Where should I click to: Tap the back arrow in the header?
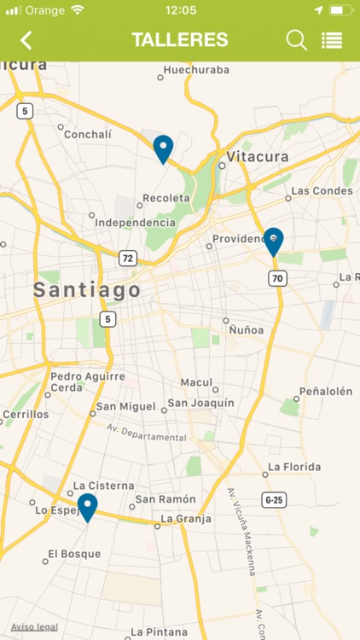(26, 40)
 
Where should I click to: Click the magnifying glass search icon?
(296, 40)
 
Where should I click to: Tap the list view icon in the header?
(332, 40)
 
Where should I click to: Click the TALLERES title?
(180, 40)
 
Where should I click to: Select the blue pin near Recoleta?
(163, 148)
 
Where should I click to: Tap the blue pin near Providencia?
(273, 241)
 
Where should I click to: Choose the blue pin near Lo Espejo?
(87, 507)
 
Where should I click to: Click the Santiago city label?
(87, 290)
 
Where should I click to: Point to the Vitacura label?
(258, 157)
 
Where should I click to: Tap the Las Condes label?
(322, 190)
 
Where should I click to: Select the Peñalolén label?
(325, 391)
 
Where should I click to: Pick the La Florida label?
(295, 467)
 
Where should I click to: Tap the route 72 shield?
(127, 258)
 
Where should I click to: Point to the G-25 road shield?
(274, 499)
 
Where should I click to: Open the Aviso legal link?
(34, 626)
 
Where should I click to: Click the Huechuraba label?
(196, 70)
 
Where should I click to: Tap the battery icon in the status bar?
(340, 10)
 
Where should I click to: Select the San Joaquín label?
(200, 403)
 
